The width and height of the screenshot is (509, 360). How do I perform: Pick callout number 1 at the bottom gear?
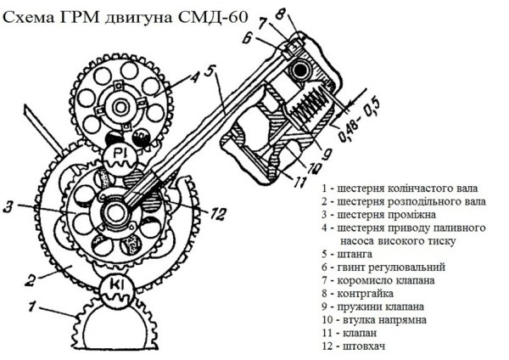(31, 303)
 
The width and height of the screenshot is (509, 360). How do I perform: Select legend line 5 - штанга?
(350, 252)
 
